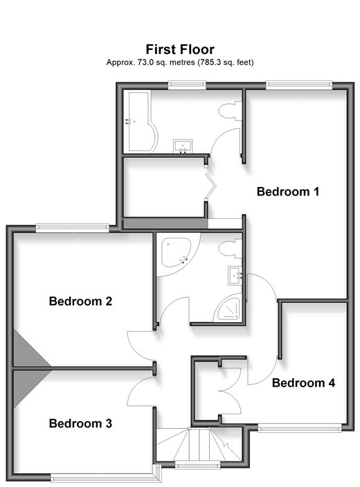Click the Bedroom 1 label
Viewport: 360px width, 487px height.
coord(288,191)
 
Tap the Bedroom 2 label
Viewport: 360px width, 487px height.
coord(80,301)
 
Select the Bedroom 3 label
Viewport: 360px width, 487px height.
coord(80,423)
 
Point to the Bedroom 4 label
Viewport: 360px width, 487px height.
coord(303,382)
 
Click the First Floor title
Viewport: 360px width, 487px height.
coord(180,49)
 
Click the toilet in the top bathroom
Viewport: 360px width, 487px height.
coord(231,111)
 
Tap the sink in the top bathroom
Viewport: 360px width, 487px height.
coord(183,146)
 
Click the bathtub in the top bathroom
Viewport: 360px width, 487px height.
coord(141,121)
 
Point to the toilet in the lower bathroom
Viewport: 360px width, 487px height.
coord(230,249)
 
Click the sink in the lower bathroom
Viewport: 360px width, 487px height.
coord(235,275)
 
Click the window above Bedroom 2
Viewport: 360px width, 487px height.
coord(73,228)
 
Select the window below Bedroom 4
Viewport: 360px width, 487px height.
coord(300,429)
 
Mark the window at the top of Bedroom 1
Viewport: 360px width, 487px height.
coord(299,85)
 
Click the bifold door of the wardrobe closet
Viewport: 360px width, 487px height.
coord(210,186)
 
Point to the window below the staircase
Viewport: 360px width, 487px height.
coord(198,465)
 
